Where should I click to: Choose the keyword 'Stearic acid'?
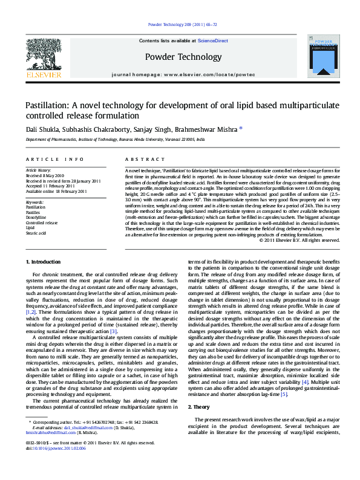(x=35, y=232)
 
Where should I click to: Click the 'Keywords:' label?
(x=34, y=201)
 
